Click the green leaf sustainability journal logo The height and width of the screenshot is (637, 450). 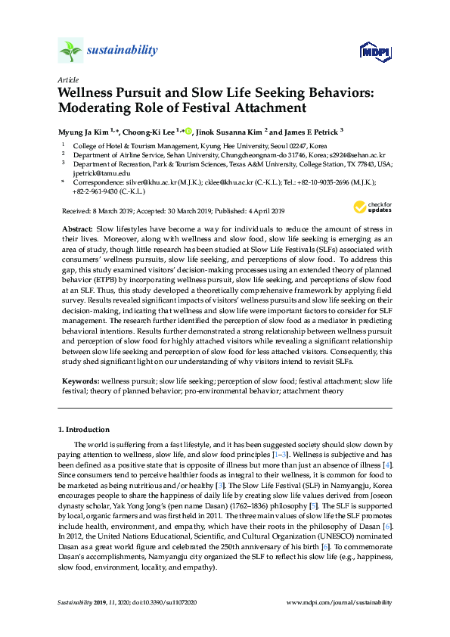coord(70,51)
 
